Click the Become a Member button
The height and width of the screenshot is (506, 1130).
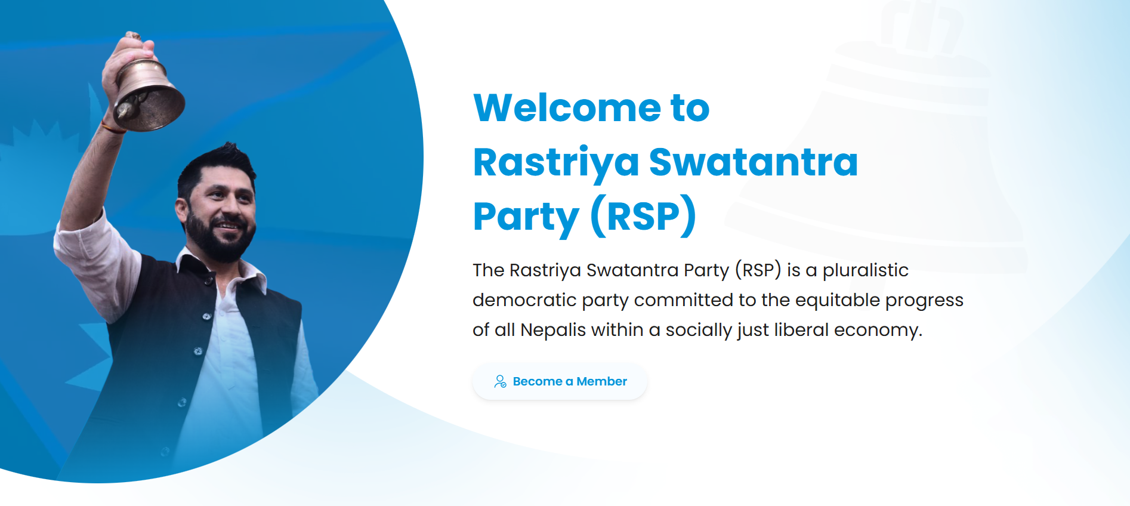[x=560, y=381]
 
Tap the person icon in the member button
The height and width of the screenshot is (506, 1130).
[x=500, y=381]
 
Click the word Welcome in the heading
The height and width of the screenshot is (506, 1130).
[x=567, y=108]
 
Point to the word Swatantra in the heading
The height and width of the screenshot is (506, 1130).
[x=753, y=162]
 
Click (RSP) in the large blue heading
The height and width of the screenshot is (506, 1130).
[x=643, y=215]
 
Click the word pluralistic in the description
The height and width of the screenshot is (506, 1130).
[x=865, y=270]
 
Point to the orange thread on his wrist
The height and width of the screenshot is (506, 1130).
[x=112, y=127]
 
